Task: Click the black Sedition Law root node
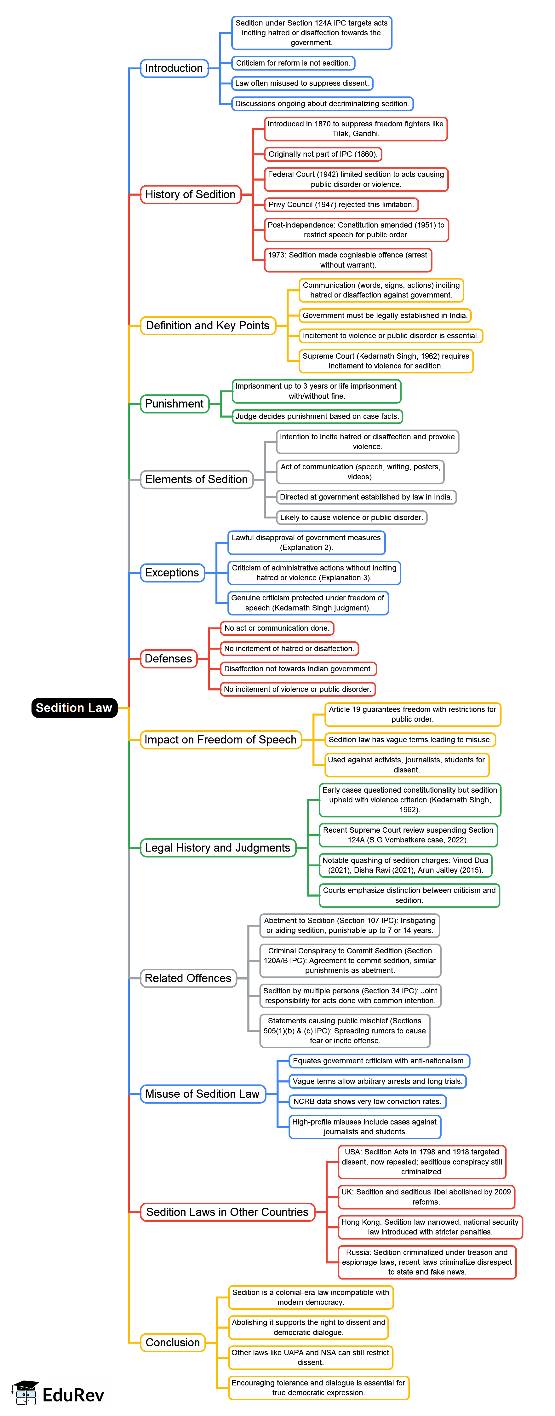point(74,708)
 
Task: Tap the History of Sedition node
point(190,194)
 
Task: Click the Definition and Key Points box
point(208,326)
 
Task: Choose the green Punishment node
point(174,403)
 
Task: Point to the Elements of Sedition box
point(196,479)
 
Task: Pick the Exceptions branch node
point(172,573)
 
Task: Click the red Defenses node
point(168,659)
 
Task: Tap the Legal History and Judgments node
point(218,848)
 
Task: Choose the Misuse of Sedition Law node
point(202,1094)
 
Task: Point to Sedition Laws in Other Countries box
point(227,1212)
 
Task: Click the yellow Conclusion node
point(173,1342)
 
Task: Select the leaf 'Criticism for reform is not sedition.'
point(293,63)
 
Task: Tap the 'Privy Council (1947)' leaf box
point(341,205)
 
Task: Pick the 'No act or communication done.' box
point(277,628)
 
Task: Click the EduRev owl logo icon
point(25,1393)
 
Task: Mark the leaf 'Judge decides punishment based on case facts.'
point(317,416)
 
